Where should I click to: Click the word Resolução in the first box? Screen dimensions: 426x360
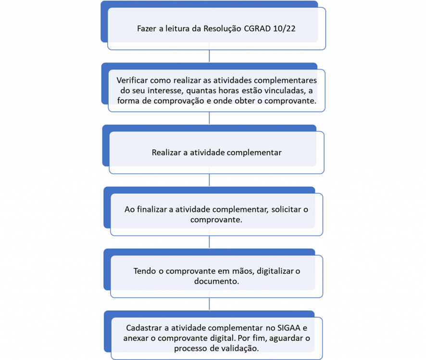pos(222,29)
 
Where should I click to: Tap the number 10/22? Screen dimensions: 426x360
pos(284,28)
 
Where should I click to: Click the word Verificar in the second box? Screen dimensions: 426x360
pos(132,80)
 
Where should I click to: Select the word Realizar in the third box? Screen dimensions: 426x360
pos(166,153)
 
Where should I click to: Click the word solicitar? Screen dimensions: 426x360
pos(286,209)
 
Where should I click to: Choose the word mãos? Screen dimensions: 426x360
pos(243,271)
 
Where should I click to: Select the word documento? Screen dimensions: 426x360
pos(216,281)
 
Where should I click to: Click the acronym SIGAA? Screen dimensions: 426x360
pos(289,328)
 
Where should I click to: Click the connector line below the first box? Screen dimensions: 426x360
pos(209,56)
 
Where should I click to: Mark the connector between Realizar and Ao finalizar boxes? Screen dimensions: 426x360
pos(209,180)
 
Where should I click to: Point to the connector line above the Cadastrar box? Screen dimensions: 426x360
pos(209,304)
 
